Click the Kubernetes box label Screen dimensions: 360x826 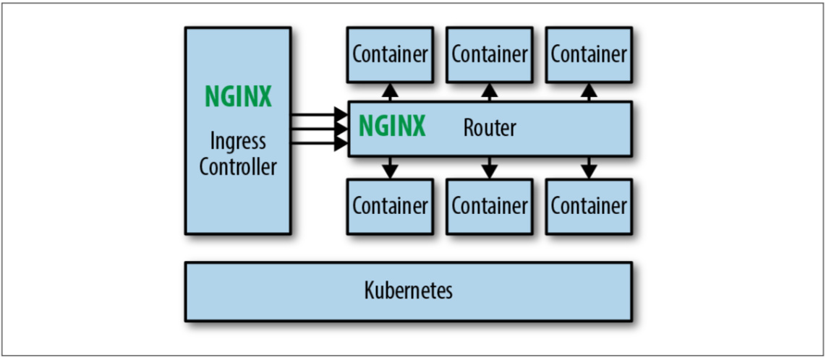tap(408, 291)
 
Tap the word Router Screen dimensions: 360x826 tap(490, 128)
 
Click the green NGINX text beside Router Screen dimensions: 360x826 tap(392, 127)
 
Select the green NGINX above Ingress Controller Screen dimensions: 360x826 tap(238, 97)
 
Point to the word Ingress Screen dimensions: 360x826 tap(238, 141)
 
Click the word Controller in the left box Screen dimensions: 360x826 tap(238, 167)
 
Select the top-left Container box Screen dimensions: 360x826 tap(390, 54)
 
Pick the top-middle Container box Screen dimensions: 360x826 tap(490, 54)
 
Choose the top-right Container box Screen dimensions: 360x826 tap(589, 54)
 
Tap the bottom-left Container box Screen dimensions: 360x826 tap(390, 206)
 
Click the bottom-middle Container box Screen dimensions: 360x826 tap(490, 206)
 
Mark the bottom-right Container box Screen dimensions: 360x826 tap(589, 206)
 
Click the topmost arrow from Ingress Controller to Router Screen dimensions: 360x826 tap(318, 114)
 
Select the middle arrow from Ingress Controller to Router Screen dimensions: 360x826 tap(318, 129)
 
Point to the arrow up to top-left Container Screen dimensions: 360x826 tap(390, 91)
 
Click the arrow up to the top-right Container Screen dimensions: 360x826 tap(589, 91)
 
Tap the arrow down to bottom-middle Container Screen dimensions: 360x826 tap(490, 168)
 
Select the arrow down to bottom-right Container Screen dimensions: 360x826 tap(589, 168)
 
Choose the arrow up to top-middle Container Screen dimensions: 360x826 tap(490, 91)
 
